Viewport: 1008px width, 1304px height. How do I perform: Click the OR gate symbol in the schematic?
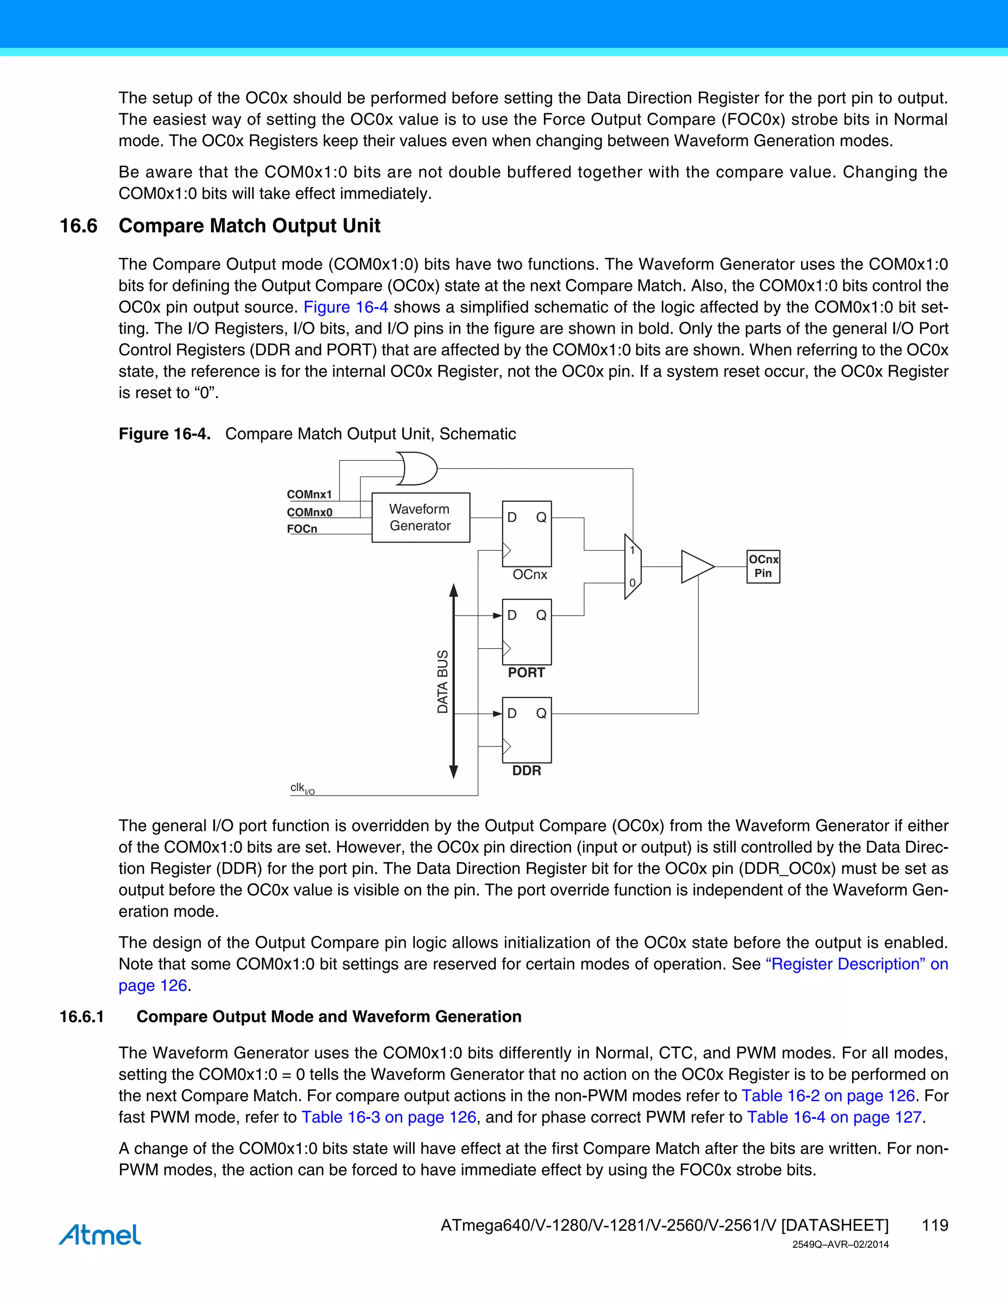[x=418, y=468]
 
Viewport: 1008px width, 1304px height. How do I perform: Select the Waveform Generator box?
[x=420, y=518]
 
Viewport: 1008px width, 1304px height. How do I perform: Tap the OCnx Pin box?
[x=763, y=566]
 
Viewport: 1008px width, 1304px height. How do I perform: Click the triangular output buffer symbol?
[x=696, y=566]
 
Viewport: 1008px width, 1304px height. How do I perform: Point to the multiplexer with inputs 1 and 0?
[x=632, y=566]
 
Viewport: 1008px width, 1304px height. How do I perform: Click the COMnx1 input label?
[x=309, y=495]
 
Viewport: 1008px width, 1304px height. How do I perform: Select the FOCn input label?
[x=302, y=529]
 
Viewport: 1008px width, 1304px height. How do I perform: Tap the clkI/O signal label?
[x=302, y=789]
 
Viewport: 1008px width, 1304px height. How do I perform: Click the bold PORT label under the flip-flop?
[x=526, y=673]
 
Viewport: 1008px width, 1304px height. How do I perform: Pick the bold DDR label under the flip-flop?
[x=526, y=771]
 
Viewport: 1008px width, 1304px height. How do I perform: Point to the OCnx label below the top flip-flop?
[x=530, y=574]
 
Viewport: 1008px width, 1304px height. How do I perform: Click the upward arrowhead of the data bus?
[x=454, y=590]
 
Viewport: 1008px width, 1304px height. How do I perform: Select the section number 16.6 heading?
[x=78, y=226]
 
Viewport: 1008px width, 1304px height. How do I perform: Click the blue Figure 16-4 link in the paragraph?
[x=346, y=307]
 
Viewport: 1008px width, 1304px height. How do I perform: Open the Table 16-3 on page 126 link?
[x=389, y=1117]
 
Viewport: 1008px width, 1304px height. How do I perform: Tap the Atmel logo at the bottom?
[x=100, y=1234]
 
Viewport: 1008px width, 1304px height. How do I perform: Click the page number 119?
[x=935, y=1225]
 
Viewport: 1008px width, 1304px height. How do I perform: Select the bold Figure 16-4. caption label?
[x=164, y=434]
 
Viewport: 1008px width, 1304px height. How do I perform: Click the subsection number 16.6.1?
[x=82, y=1016]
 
